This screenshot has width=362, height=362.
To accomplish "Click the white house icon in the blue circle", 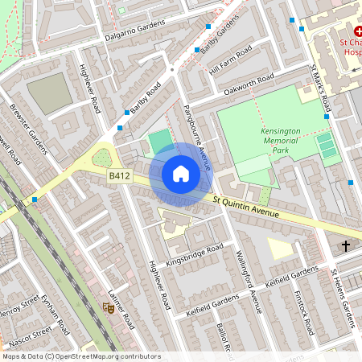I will click(x=181, y=174).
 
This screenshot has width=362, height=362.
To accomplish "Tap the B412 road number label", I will click(x=120, y=174).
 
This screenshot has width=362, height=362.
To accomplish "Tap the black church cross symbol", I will click(x=347, y=245).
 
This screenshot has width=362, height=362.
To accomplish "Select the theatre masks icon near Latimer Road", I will click(x=108, y=306).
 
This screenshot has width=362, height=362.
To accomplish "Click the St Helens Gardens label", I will click(x=343, y=298).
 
